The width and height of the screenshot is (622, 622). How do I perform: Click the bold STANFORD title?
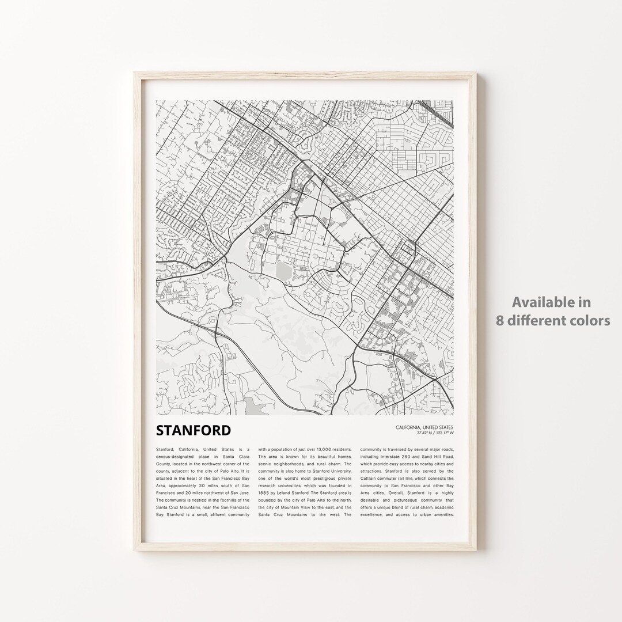click(193, 430)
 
